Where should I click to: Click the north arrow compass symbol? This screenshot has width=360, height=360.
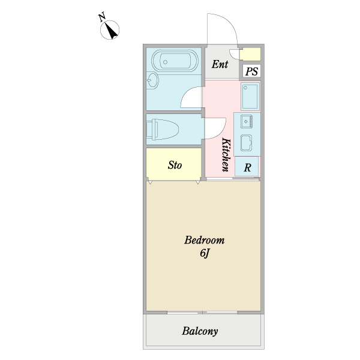pos(110,30)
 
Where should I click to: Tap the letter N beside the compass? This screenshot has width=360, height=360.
pos(102,17)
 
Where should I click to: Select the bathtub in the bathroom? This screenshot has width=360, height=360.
pos(175,61)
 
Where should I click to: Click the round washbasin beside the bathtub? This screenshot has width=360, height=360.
pos(152,80)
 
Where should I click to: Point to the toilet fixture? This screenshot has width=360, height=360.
pos(163,129)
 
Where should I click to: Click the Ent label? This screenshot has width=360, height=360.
pos(220,64)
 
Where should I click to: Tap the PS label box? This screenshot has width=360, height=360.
pos(251,71)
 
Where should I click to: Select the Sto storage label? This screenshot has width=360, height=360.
pos(175,165)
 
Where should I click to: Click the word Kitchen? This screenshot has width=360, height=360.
pos(226,155)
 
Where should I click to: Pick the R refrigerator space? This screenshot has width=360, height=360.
pos(247,167)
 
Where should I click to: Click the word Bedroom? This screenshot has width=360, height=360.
pos(205,240)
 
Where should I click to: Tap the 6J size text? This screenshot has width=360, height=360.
pos(205,253)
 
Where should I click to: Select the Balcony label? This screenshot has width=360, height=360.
pos(200,331)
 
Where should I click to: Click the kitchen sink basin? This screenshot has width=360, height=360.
pos(247,143)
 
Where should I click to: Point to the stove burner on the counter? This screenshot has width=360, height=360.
pos(247,121)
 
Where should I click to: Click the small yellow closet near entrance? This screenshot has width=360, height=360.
pos(250,55)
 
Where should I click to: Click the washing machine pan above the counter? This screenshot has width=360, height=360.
pos(250,96)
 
